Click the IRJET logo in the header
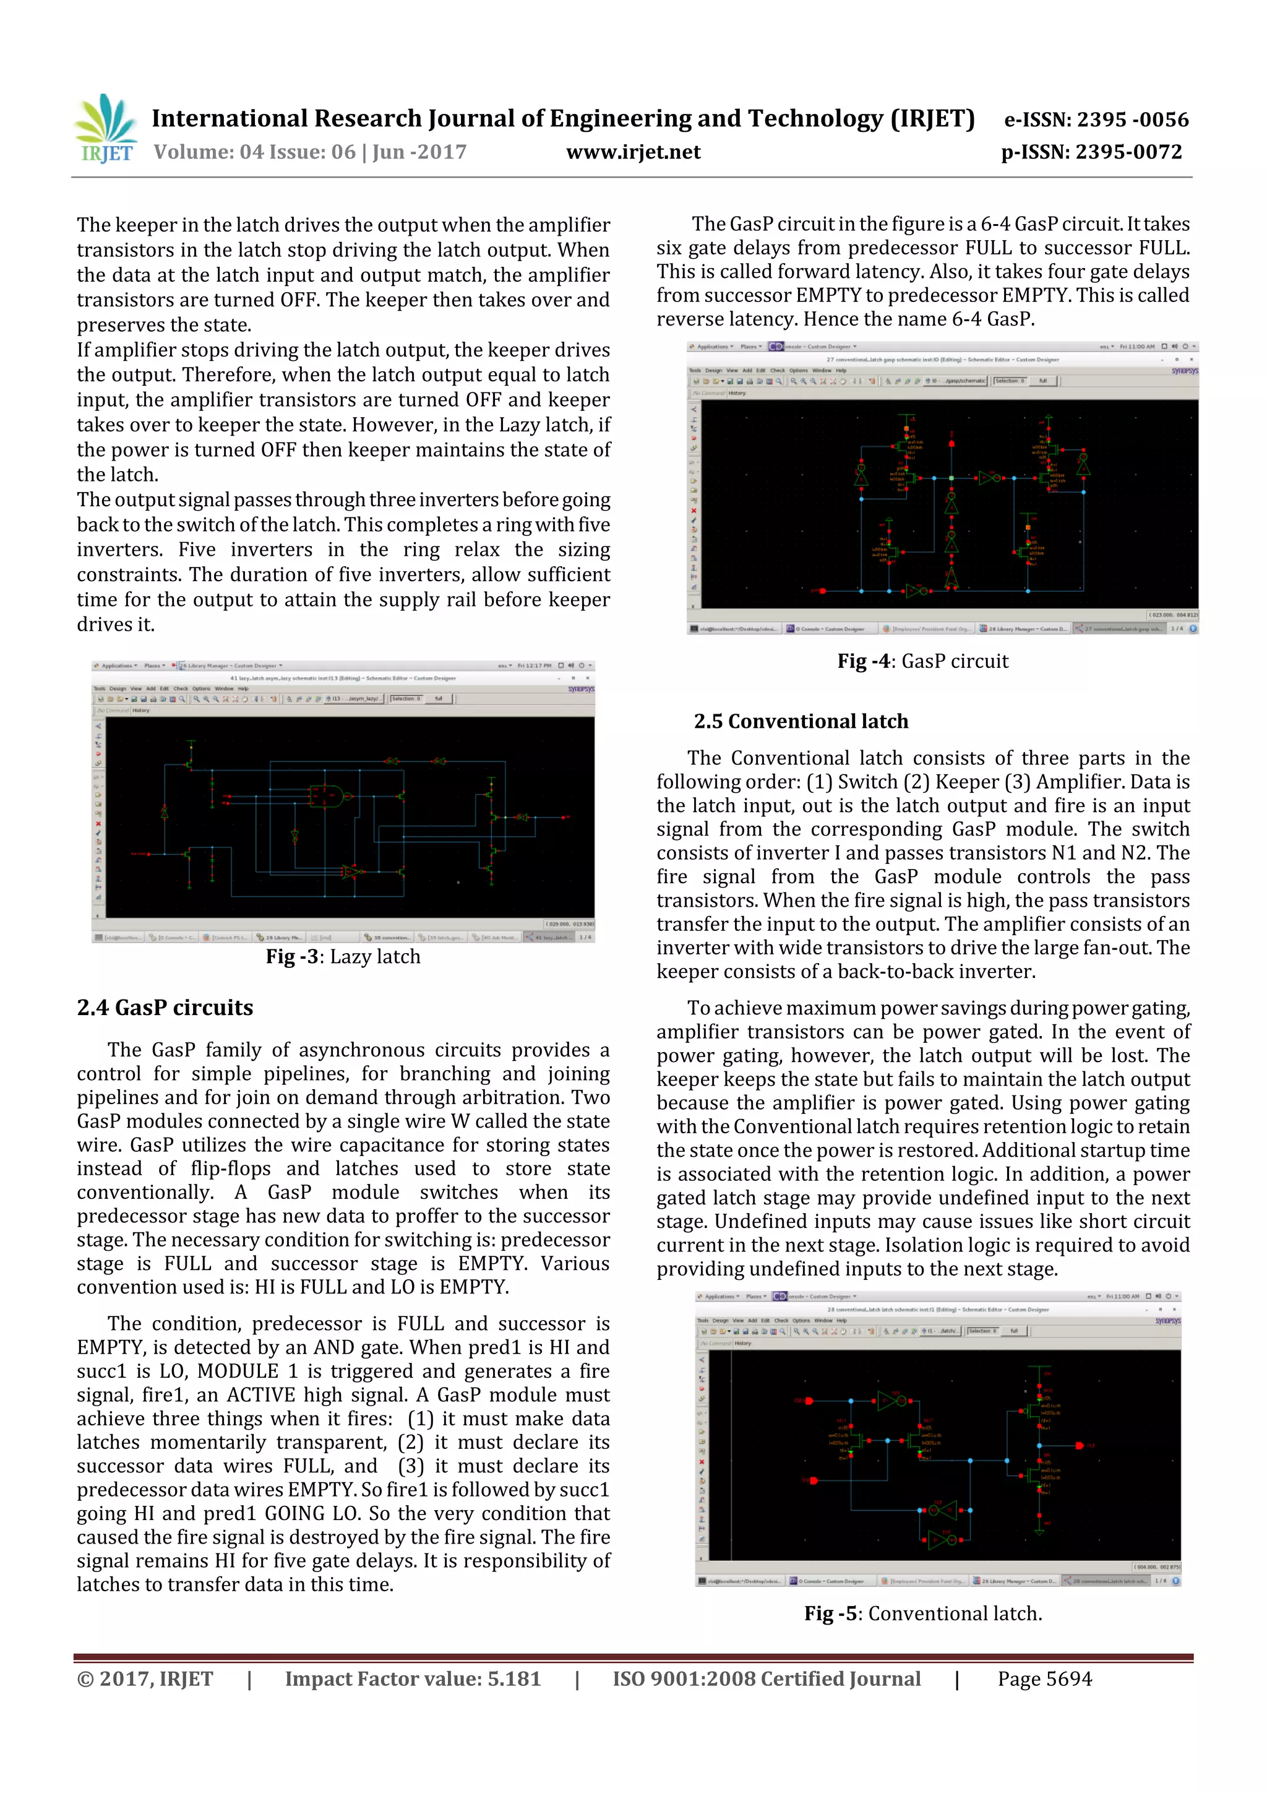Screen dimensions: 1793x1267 pos(105,129)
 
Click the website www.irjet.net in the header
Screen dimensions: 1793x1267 pos(633,152)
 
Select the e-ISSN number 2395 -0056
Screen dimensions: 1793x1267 pos(1133,119)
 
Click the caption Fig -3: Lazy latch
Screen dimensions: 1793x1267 pos(343,957)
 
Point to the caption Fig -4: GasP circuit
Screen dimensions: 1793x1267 pos(923,662)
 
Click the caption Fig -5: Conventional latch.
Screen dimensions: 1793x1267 pos(923,1614)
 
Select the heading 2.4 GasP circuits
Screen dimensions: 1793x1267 pos(165,1008)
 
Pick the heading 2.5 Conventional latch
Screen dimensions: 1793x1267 pos(801,722)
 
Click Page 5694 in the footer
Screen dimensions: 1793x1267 pos(1044,1679)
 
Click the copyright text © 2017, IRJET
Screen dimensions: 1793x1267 pos(145,1679)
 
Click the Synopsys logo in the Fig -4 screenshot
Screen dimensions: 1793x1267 pos(1183,371)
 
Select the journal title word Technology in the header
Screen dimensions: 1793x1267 pos(814,119)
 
